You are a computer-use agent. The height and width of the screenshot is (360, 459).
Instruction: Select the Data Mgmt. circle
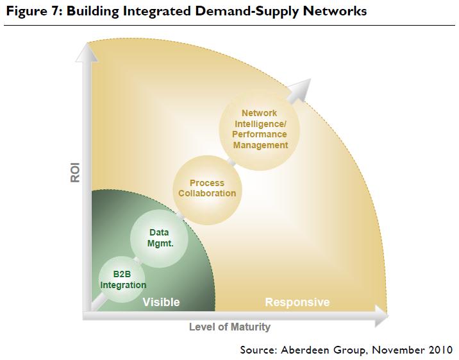pyautogui.click(x=159, y=238)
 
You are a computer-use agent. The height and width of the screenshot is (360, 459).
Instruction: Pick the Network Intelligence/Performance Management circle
pyautogui.click(x=255, y=129)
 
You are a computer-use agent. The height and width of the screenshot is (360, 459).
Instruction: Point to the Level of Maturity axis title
pyautogui.click(x=229, y=327)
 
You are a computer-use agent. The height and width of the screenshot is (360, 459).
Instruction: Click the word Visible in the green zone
pyautogui.click(x=161, y=302)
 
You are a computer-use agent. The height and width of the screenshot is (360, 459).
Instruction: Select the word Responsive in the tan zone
pyautogui.click(x=297, y=302)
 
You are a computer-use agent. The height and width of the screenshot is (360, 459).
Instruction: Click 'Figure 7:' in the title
pyautogui.click(x=29, y=11)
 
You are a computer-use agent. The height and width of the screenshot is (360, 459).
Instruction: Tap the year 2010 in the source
pyautogui.click(x=440, y=350)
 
